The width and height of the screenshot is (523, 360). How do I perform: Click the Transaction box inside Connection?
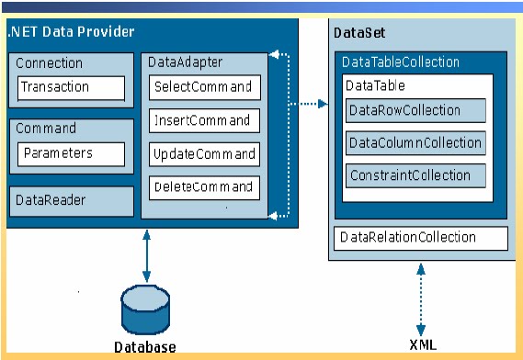(x=71, y=88)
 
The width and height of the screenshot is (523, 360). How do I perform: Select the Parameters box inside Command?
(x=71, y=153)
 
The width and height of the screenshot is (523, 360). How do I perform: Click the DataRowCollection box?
(x=415, y=110)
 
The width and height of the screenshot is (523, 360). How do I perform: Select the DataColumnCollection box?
(x=415, y=143)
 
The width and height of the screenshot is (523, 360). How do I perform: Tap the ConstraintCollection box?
(x=415, y=175)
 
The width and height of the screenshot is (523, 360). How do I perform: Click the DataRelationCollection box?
(x=422, y=238)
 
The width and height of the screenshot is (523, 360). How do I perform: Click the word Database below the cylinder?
(x=144, y=347)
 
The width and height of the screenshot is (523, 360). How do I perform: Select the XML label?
(x=423, y=345)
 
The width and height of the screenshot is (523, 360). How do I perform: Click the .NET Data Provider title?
(x=71, y=32)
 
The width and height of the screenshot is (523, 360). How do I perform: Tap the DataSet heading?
(x=358, y=33)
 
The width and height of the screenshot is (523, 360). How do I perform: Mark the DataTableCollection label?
(x=400, y=62)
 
